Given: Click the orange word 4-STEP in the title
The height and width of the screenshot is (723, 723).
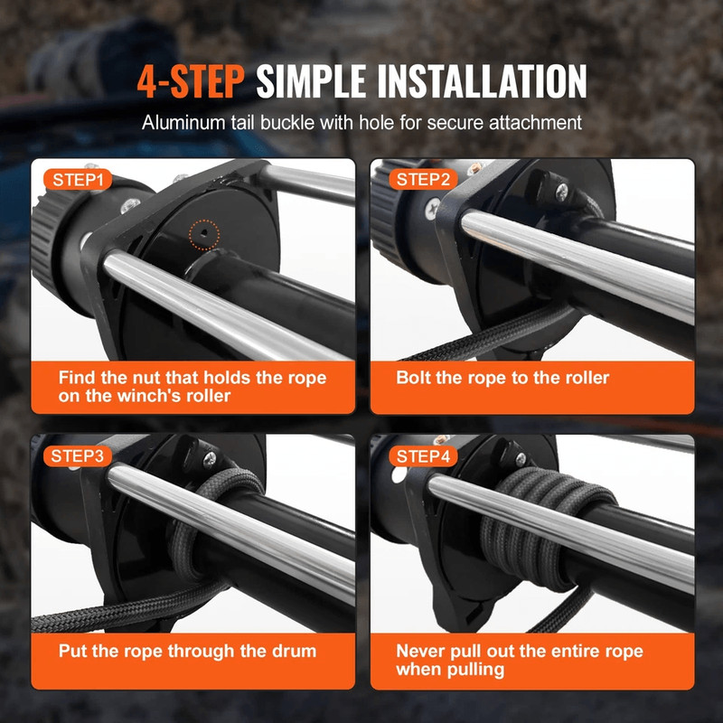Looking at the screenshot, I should point(191,81).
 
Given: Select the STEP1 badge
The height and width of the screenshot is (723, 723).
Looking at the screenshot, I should point(77,180).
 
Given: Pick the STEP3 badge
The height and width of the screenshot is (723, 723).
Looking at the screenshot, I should point(77,455).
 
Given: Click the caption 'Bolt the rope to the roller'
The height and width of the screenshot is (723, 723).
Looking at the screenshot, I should point(502,378).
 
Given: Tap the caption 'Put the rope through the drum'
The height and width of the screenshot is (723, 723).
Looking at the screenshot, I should point(187,651).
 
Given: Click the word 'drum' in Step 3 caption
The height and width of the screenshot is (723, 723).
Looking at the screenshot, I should point(293,651).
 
